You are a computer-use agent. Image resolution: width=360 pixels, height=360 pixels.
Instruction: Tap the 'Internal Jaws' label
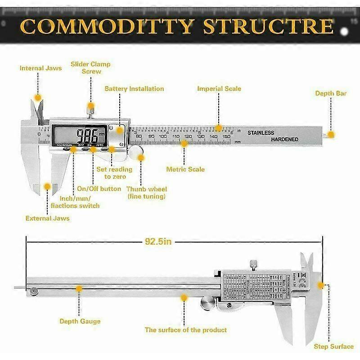click(x=40, y=68)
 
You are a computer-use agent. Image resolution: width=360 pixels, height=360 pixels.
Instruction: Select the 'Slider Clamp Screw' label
click(x=90, y=67)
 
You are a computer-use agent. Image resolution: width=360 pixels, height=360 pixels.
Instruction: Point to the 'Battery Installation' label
click(x=134, y=89)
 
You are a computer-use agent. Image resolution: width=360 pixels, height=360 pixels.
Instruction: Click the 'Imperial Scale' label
click(x=219, y=89)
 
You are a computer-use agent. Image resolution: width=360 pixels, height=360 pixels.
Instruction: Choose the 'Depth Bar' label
click(x=330, y=93)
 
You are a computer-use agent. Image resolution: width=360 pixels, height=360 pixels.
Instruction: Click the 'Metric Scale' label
click(x=185, y=169)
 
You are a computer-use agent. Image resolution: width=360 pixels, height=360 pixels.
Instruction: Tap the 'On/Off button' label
click(x=99, y=189)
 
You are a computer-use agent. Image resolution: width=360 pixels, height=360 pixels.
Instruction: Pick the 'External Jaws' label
click(x=47, y=218)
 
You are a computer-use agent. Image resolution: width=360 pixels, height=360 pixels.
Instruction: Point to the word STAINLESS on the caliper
click(x=261, y=133)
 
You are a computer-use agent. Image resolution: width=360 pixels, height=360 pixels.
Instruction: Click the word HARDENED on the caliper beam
click(x=284, y=139)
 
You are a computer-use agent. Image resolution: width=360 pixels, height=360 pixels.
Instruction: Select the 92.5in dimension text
click(x=158, y=241)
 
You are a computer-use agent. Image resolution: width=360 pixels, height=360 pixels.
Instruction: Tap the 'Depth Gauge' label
click(x=80, y=321)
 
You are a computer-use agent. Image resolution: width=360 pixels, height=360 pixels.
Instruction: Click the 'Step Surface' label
click(x=333, y=346)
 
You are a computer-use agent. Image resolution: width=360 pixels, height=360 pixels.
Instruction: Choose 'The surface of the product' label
click(x=186, y=330)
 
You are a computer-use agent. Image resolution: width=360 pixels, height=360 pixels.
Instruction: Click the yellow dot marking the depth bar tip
click(x=331, y=134)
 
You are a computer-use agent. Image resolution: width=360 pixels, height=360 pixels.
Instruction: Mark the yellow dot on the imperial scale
click(x=219, y=128)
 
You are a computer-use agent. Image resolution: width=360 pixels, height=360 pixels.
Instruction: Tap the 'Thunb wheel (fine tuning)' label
click(x=146, y=193)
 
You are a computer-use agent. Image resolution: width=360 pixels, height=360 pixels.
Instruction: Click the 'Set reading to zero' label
click(x=115, y=173)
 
